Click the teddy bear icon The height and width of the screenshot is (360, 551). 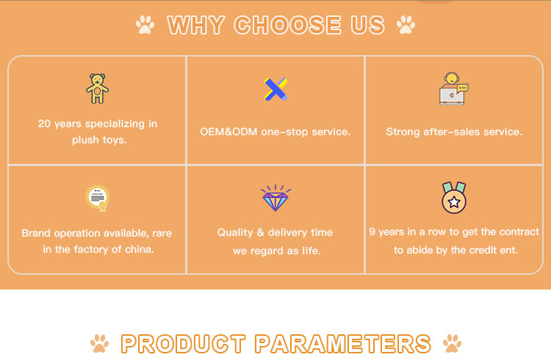click(97, 88)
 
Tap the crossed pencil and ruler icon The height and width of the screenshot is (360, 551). click(275, 89)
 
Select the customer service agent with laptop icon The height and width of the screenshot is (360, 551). click(454, 89)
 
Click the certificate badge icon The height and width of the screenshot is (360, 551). click(98, 198)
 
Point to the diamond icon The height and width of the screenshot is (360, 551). click(275, 198)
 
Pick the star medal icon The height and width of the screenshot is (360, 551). click(454, 198)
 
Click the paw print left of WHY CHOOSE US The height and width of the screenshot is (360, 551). click(145, 25)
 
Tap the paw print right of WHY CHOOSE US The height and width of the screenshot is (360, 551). click(406, 25)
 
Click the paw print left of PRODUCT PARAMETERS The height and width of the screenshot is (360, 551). click(99, 343)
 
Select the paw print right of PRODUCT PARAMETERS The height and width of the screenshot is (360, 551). click(453, 343)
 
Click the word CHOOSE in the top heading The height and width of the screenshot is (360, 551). click(287, 25)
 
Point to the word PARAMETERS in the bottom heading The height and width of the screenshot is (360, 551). click(343, 344)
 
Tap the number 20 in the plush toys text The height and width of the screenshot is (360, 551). click(44, 123)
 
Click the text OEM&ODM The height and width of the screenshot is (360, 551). click(228, 132)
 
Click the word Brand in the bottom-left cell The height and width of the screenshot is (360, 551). click(36, 233)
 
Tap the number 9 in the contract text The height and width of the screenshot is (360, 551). click(372, 231)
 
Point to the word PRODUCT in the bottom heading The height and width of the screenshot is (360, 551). click(183, 344)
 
